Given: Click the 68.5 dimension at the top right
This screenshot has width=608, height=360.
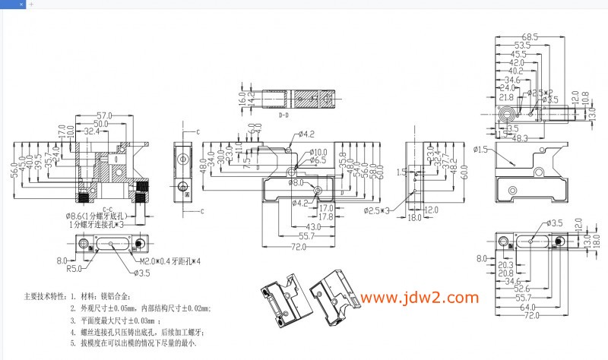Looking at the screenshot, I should tap(530, 36).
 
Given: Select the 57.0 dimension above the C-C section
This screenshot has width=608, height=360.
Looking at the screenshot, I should tap(104, 115).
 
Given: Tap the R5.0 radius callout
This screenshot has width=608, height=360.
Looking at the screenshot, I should tap(74, 268).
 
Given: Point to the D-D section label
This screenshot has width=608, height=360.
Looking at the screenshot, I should tap(283, 116).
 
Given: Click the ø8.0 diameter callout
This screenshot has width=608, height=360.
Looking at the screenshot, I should tap(295, 183).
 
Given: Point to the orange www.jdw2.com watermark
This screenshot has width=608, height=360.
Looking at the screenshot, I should tap(420, 298).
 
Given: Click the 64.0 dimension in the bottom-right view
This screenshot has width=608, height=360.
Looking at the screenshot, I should tap(529, 307).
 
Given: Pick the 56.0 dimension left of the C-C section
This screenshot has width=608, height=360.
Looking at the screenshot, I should tap(14, 170).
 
